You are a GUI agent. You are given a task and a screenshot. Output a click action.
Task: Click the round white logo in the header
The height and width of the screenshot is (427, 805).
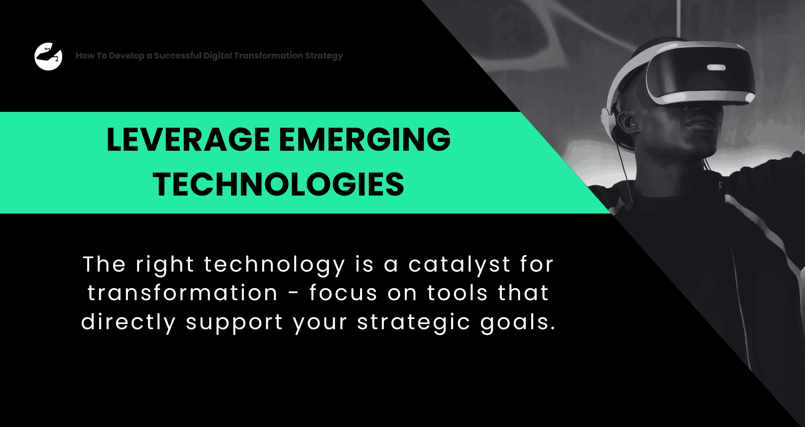click(48, 56)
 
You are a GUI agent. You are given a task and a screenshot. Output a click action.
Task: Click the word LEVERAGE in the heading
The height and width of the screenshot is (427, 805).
click(188, 140)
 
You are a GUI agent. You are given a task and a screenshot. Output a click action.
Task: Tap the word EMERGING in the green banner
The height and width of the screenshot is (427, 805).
click(365, 140)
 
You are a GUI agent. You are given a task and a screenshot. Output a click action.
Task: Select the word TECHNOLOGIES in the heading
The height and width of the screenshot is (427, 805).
click(278, 184)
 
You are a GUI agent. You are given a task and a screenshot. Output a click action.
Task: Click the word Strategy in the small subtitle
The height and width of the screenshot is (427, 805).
click(324, 56)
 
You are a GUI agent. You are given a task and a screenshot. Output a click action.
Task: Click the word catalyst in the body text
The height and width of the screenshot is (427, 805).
click(460, 265)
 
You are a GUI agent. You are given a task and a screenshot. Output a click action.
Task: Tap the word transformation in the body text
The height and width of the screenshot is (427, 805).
click(183, 293)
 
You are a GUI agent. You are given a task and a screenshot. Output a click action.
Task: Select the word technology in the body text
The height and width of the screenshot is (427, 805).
click(274, 265)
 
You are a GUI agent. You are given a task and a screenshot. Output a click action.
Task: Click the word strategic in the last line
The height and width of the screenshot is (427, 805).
click(414, 322)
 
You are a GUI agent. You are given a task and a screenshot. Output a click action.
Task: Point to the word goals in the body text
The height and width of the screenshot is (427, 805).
click(518, 323)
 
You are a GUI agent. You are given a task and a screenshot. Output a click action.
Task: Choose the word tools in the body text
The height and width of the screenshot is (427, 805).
click(457, 293)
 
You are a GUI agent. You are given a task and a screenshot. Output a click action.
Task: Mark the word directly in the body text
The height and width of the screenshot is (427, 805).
click(129, 322)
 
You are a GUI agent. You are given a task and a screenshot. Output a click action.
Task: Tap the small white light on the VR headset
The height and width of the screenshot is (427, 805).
click(716, 67)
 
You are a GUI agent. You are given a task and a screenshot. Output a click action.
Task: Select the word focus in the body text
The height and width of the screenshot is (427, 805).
click(343, 293)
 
